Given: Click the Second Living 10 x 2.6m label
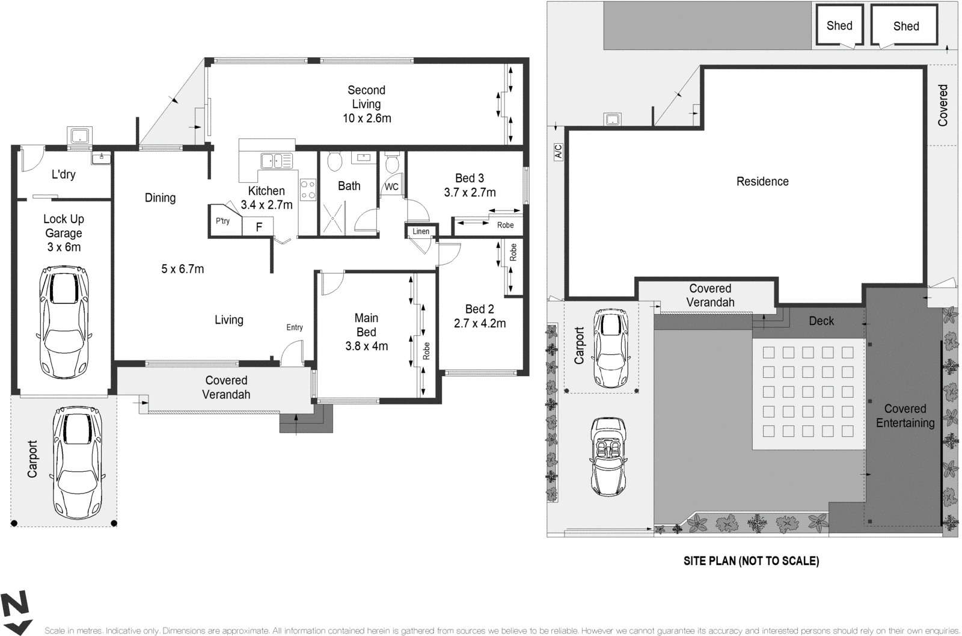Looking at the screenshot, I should tap(366, 104).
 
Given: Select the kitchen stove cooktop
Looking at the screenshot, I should tap(308, 190).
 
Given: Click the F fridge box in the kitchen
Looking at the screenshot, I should tap(259, 227).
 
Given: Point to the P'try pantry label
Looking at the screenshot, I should tap(222, 221).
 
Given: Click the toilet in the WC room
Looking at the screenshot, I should tap(391, 163).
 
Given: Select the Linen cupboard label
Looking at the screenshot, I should tap(421, 231).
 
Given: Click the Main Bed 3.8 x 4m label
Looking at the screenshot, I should tap(366, 332).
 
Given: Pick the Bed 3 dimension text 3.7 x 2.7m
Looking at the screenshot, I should tap(470, 193).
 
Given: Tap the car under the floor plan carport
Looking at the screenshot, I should tap(77, 458).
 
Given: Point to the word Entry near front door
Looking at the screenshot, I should tap(295, 327).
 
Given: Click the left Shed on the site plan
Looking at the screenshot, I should tap(839, 26).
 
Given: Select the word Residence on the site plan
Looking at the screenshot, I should tap(762, 181).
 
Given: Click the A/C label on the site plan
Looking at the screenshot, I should tap(558, 151).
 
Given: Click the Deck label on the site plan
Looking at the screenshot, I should tap(821, 321).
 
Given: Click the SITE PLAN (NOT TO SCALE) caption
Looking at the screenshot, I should tap(751, 561).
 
